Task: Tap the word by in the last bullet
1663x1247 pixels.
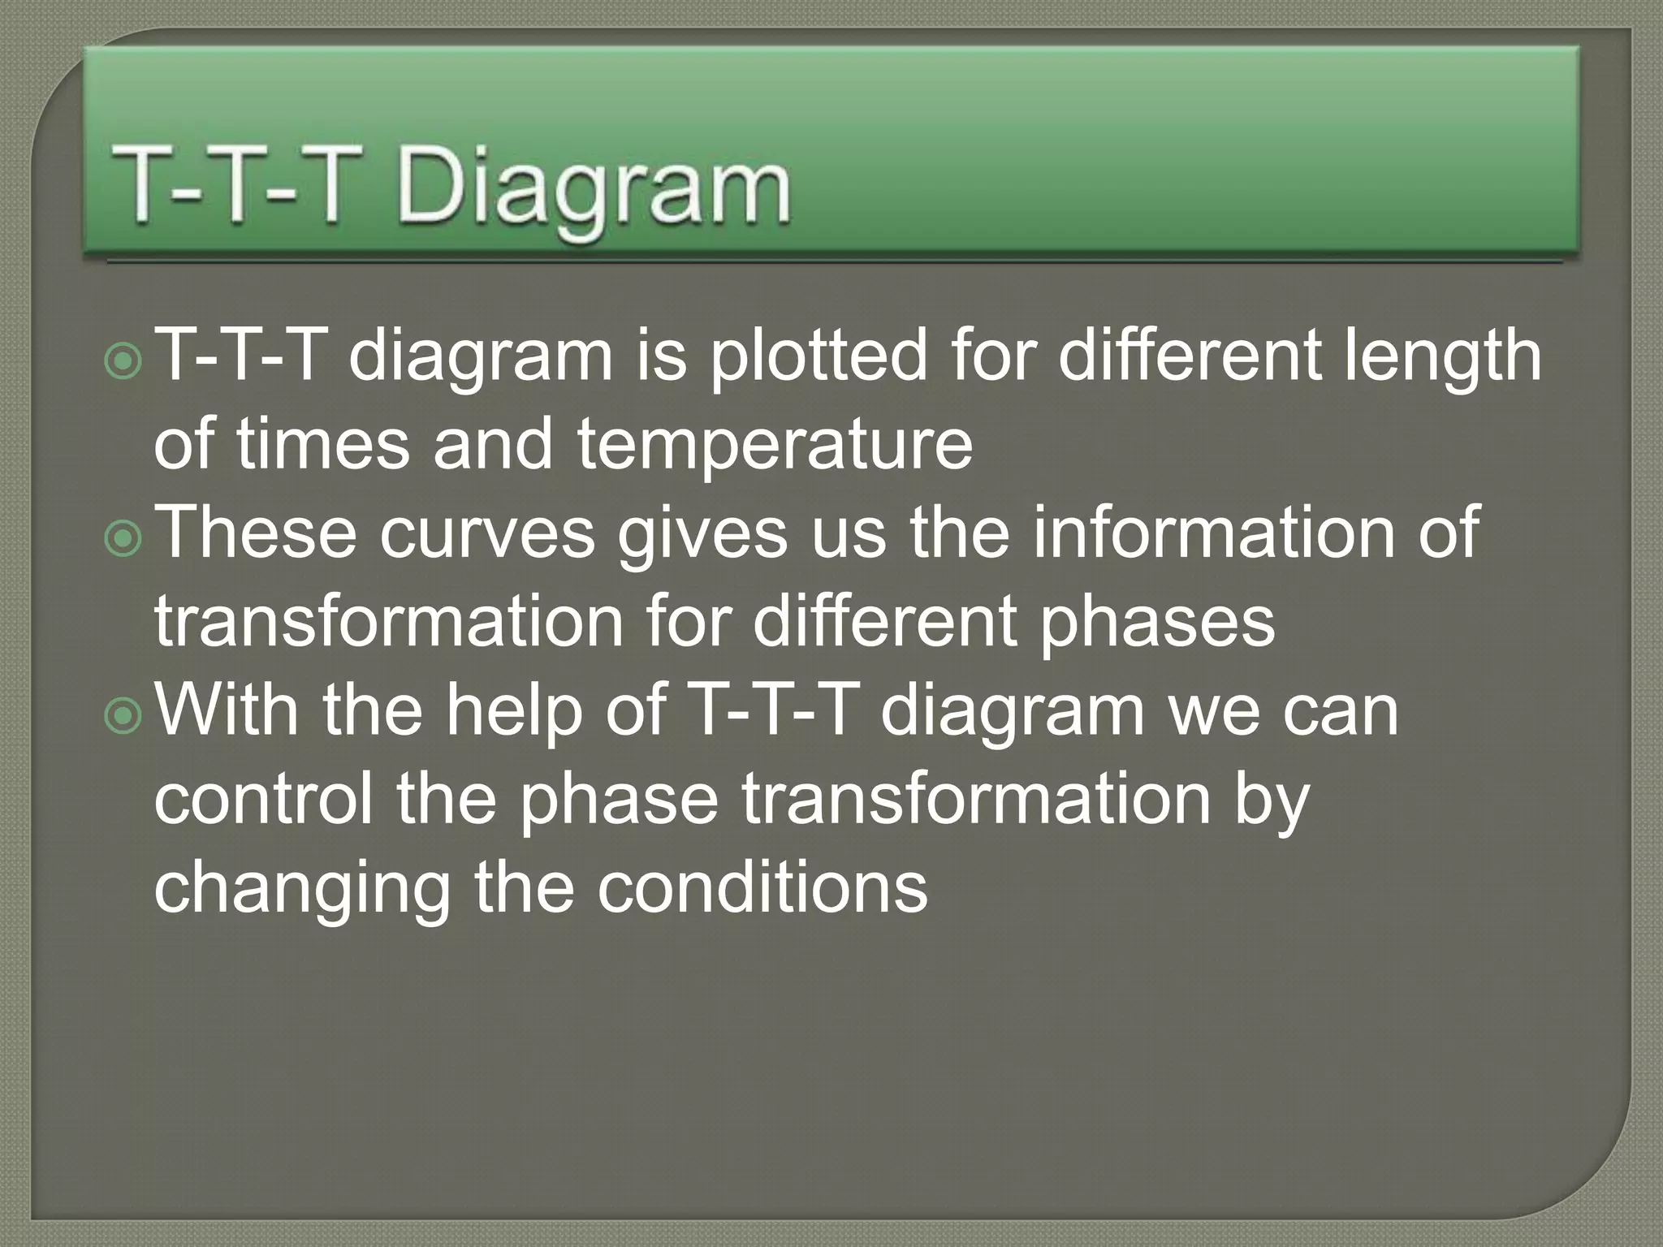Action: point(1278,800)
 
